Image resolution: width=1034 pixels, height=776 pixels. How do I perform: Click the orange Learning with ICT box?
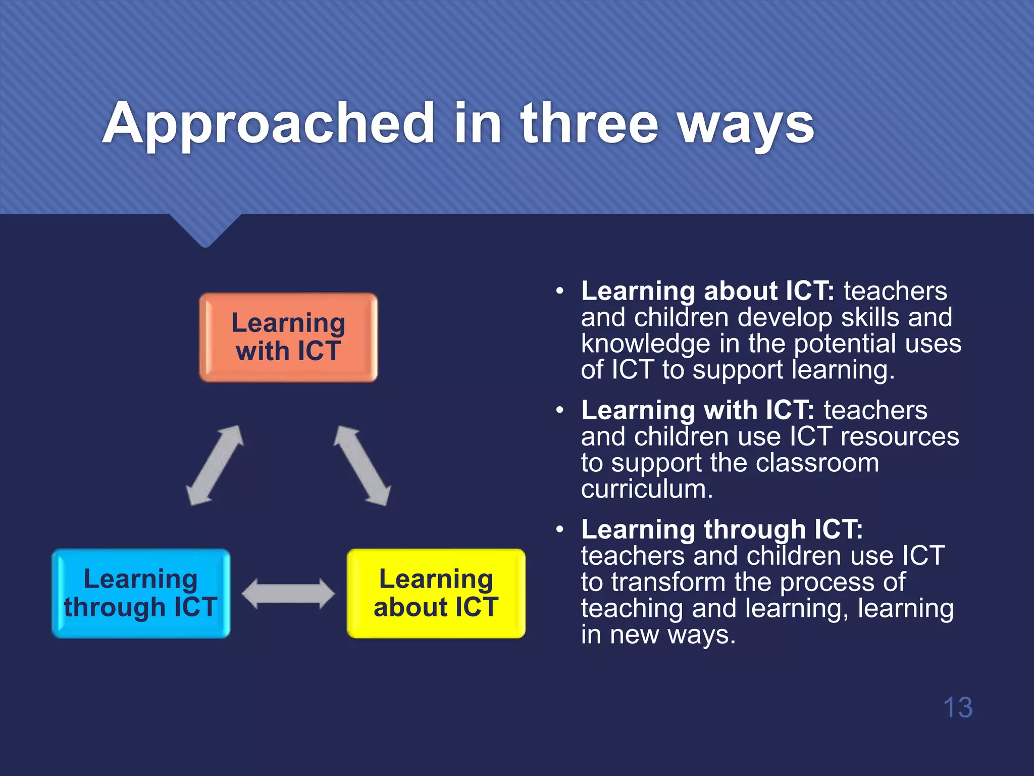(x=288, y=337)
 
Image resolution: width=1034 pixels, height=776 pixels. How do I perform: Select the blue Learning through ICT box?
(x=141, y=593)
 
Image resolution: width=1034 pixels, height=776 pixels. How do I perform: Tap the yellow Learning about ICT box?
(x=436, y=593)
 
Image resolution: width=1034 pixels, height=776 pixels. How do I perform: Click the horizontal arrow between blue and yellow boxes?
(x=288, y=594)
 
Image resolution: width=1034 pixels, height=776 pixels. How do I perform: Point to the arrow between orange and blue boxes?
(x=215, y=465)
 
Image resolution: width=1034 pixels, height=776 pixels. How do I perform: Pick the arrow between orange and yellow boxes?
(x=362, y=465)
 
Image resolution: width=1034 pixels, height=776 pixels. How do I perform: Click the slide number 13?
(x=957, y=707)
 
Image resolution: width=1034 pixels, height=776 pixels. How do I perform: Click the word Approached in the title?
(x=268, y=124)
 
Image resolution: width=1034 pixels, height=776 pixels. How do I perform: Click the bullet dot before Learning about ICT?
(x=559, y=292)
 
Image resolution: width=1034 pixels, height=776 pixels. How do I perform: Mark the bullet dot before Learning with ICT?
(x=559, y=411)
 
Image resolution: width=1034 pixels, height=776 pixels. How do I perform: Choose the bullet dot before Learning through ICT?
(x=559, y=530)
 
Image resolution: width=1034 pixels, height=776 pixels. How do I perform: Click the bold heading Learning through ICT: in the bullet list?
(x=721, y=529)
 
